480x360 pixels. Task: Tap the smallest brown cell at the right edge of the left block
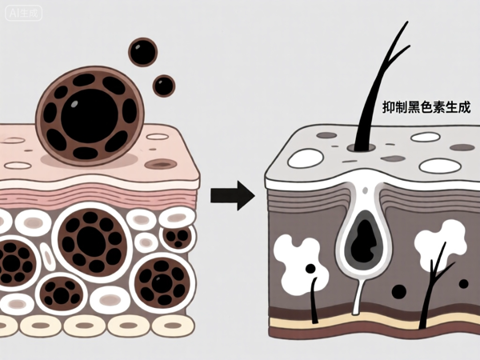click(178, 236)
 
